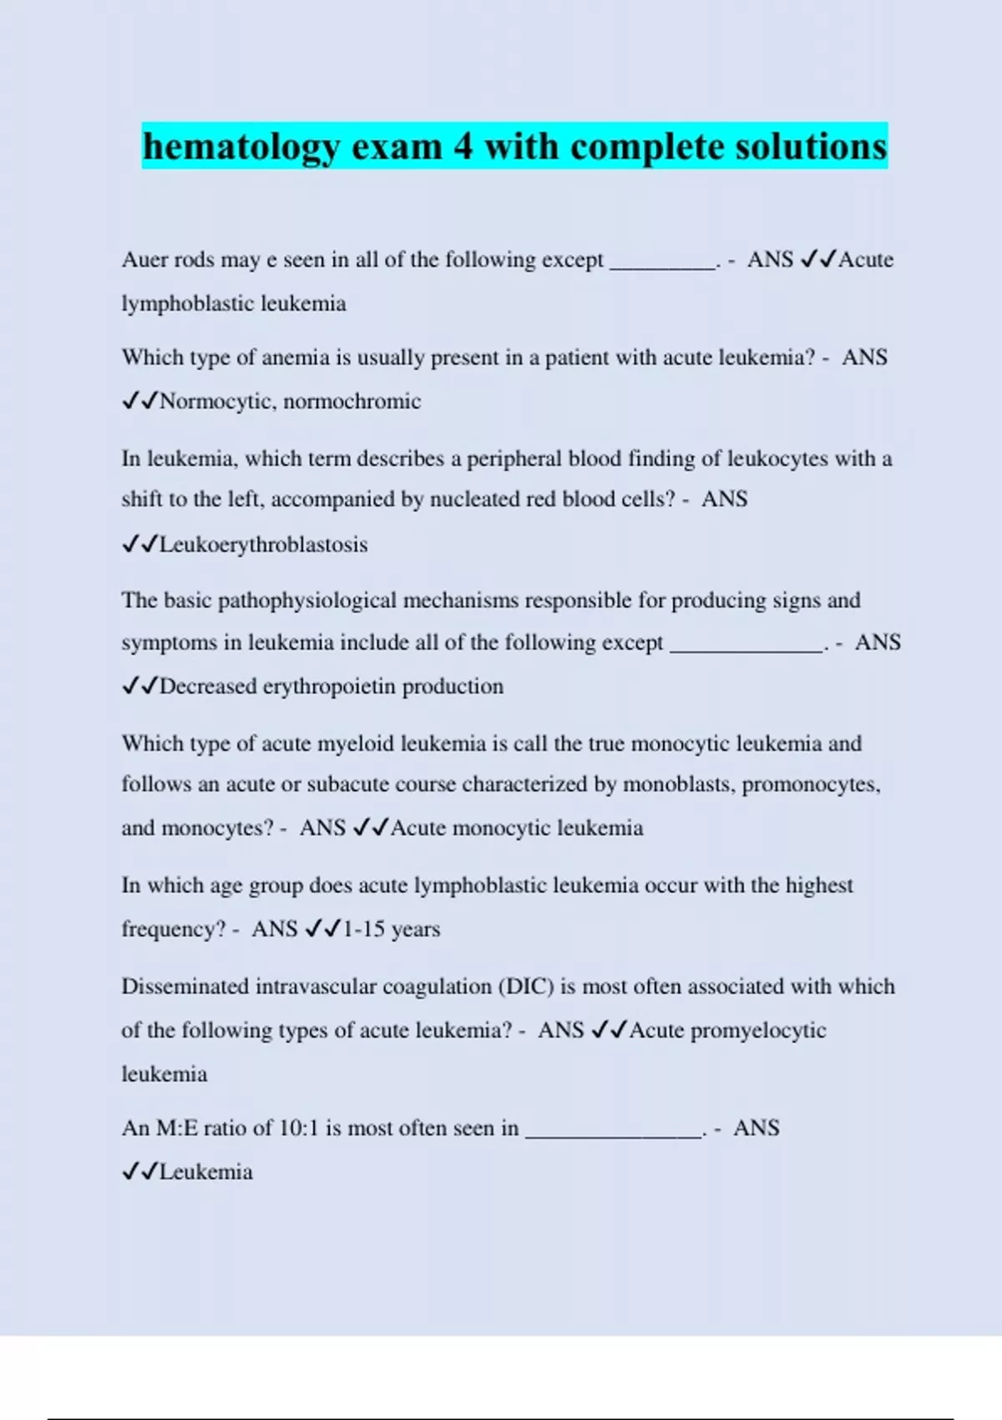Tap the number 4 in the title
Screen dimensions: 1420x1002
click(x=463, y=147)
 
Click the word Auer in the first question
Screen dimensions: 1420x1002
click(x=144, y=260)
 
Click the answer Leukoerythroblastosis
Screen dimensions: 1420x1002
click(x=263, y=545)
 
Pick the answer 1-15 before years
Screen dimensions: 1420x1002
click(x=363, y=929)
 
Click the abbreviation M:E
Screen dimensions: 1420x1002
click(x=176, y=1128)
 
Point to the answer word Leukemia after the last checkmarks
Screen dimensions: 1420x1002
click(x=205, y=1172)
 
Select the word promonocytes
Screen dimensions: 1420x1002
click(x=809, y=784)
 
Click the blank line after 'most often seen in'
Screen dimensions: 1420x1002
click(x=614, y=1133)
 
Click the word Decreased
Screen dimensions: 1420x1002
click(x=208, y=687)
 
